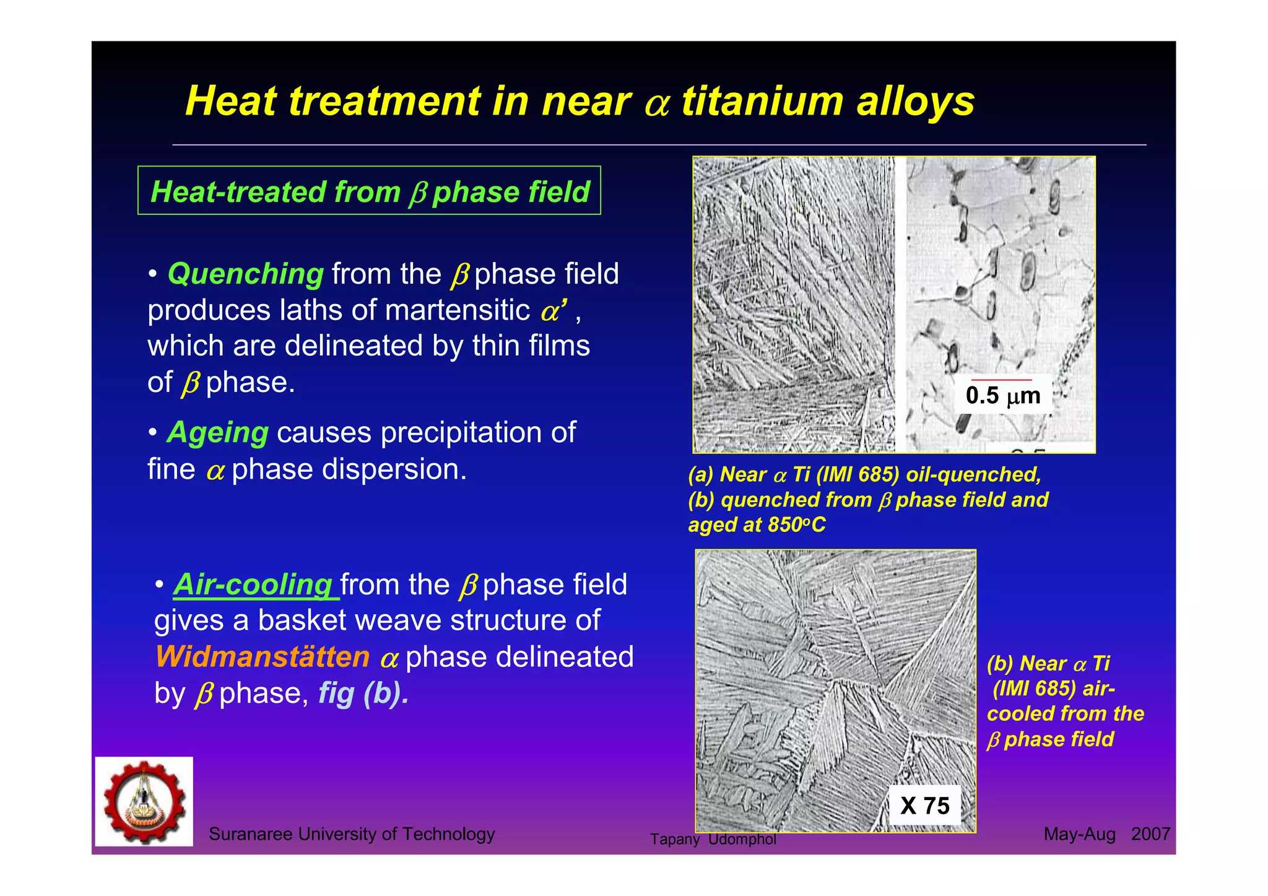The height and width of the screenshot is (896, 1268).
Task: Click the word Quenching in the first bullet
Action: click(245, 274)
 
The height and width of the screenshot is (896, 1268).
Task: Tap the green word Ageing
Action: click(218, 433)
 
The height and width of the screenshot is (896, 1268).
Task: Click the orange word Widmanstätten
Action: click(263, 657)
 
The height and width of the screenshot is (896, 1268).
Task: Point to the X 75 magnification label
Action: click(924, 806)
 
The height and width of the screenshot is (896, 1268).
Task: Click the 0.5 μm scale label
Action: click(1002, 396)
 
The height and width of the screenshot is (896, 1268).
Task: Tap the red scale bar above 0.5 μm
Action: click(1001, 380)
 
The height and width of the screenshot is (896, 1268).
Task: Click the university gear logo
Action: click(144, 801)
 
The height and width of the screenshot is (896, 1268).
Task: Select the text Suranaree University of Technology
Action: click(352, 834)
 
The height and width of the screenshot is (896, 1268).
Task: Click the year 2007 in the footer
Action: click(1150, 834)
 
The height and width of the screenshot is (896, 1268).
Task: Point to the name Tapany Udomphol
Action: click(713, 839)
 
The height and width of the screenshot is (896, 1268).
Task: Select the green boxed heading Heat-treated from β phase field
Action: click(370, 191)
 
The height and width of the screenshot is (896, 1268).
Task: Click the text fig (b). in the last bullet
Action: click(363, 694)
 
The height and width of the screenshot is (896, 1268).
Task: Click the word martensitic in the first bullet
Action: click(457, 310)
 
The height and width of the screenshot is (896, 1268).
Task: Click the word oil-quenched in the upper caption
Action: click(973, 475)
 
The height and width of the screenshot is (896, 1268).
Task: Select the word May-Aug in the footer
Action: click(1079, 834)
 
